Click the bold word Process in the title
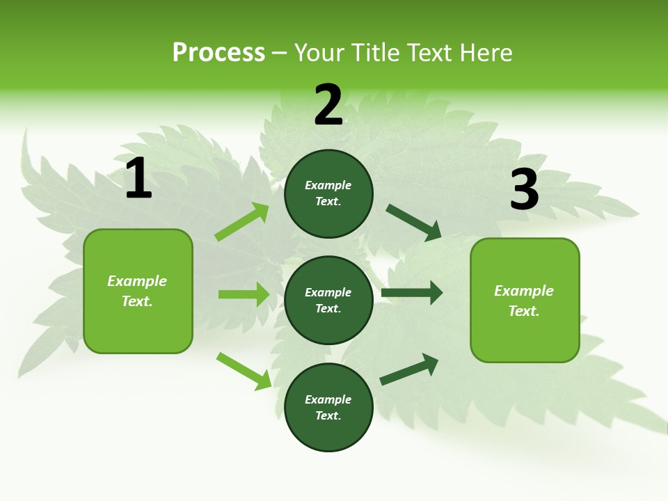pos(218,53)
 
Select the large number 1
pos(138,178)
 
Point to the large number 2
pos(328,106)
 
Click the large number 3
pos(524,189)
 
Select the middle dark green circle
pos(328,300)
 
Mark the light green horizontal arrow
pos(244,294)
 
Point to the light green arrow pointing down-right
pos(244,371)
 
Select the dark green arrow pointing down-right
pos(414,222)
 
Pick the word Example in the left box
pos(137,281)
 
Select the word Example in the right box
pos(524,291)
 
